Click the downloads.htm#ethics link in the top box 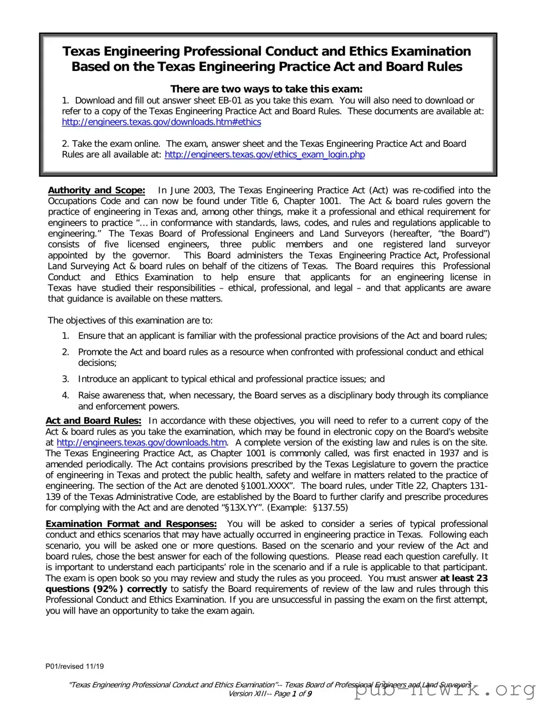(161, 122)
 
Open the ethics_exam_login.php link (264, 155)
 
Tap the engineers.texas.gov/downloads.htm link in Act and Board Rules (141, 442)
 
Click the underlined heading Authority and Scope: (96, 190)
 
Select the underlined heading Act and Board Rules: (93, 421)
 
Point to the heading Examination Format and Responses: (131, 524)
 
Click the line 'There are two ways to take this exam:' (267, 89)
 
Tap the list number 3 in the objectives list (65, 379)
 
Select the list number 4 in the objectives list (65, 395)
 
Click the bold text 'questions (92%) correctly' (106, 589)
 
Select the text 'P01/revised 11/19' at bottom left (74, 666)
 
